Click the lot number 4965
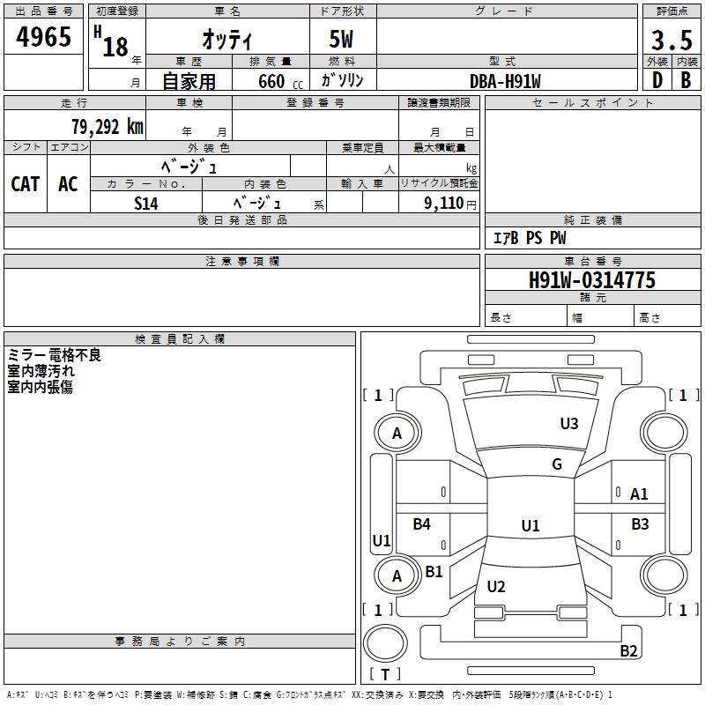click(44, 39)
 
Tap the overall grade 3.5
click(670, 41)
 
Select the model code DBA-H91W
click(505, 81)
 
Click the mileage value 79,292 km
click(107, 127)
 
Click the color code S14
click(146, 202)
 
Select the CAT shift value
click(25, 183)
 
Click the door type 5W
click(343, 41)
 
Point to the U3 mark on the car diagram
click(569, 424)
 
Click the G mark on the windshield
click(557, 464)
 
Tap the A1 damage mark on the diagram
click(639, 494)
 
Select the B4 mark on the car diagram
click(422, 524)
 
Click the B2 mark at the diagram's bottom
click(628, 651)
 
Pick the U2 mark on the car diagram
click(496, 587)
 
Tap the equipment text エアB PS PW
click(529, 238)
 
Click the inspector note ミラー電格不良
click(55, 355)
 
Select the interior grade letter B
click(686, 80)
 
